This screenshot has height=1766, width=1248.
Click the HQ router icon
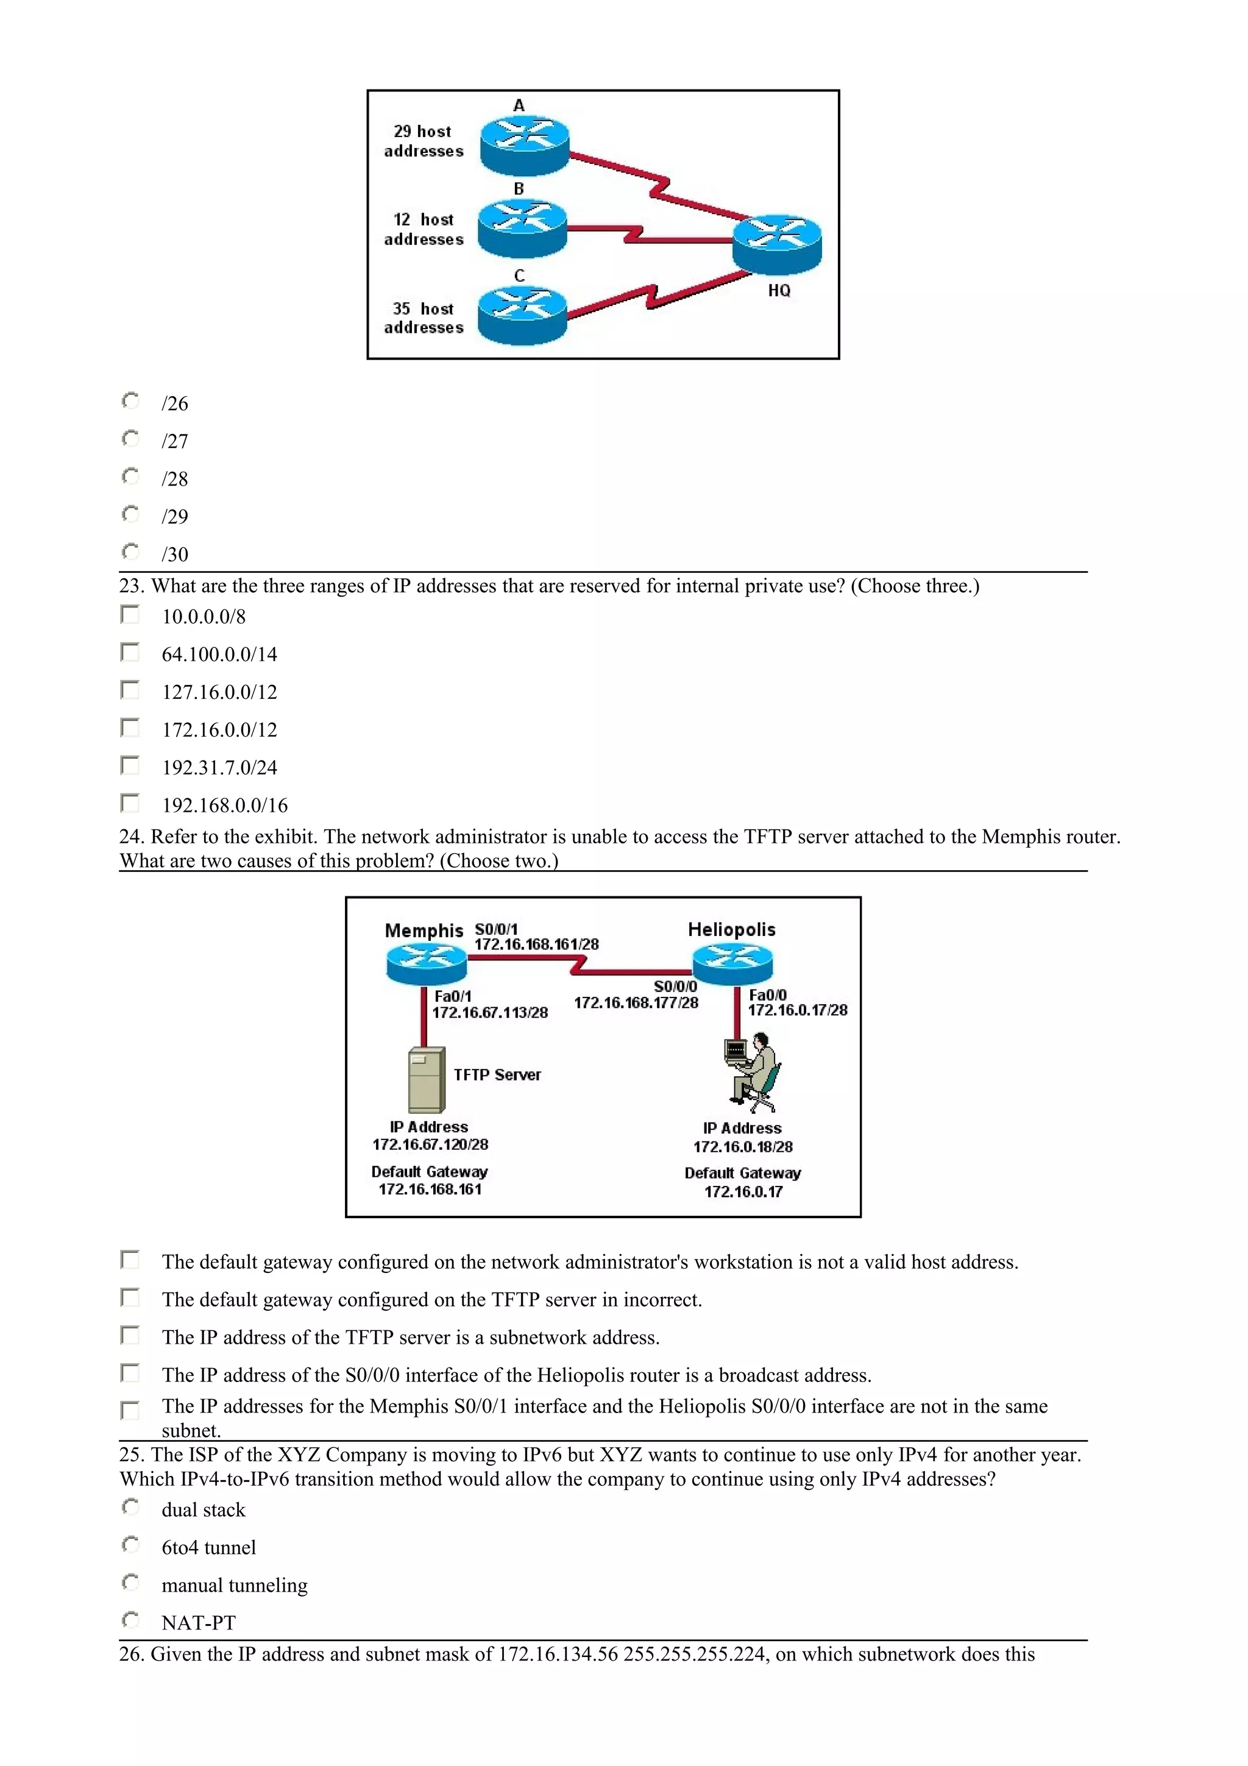click(776, 243)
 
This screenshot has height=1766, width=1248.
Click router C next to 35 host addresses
click(522, 316)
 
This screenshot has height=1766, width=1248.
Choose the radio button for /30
click(131, 551)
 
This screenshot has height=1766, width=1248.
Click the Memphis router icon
click(426, 964)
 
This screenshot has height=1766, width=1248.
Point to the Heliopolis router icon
click(732, 963)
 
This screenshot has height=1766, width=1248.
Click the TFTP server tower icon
click(426, 1079)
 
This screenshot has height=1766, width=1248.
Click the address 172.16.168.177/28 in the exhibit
click(636, 1002)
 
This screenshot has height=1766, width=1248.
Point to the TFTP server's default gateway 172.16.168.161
click(430, 1189)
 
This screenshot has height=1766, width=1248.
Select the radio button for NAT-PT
click(131, 1620)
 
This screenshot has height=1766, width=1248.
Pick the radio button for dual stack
click(131, 1507)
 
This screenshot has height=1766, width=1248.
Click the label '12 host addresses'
click(424, 229)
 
